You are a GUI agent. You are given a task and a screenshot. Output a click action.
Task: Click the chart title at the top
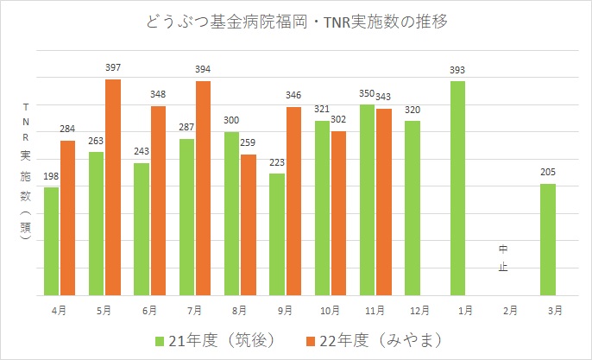(x=297, y=21)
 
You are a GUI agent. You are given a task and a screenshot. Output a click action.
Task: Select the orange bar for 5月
(x=113, y=186)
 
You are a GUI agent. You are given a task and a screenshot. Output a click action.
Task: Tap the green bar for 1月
(x=458, y=187)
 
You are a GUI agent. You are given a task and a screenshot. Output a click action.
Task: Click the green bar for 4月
(x=51, y=241)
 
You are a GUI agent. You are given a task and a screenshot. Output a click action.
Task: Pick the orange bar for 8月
(x=249, y=224)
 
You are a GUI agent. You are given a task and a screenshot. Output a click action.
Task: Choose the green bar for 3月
(x=548, y=239)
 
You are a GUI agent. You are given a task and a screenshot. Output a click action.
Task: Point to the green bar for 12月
(x=413, y=207)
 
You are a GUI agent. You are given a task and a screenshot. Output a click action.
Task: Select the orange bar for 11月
(x=383, y=201)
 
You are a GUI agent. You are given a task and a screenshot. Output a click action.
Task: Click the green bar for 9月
(x=277, y=234)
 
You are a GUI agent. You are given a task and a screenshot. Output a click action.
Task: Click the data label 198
(x=51, y=177)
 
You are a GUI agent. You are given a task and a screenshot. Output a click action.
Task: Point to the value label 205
(x=548, y=172)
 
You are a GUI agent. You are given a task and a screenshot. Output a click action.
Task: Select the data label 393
(x=458, y=70)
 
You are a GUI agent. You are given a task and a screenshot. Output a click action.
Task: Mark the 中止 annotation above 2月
(x=503, y=258)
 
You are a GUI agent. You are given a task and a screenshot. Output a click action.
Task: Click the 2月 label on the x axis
(x=503, y=309)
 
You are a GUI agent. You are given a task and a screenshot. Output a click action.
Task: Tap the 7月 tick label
(x=194, y=309)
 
